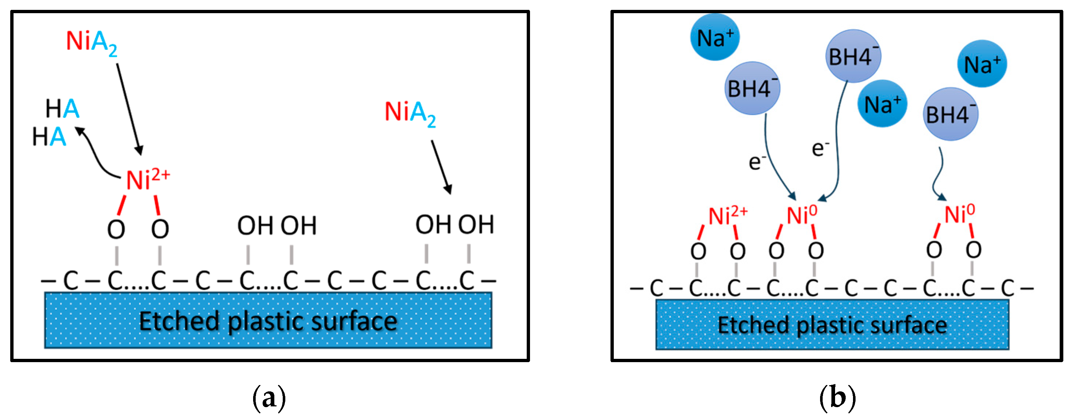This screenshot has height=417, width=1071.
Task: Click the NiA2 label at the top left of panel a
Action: (x=91, y=43)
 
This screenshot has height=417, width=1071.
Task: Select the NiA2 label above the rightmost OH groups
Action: (x=410, y=113)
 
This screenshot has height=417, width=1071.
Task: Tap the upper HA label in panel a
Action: (x=62, y=109)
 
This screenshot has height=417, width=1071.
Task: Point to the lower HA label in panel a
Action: (x=49, y=137)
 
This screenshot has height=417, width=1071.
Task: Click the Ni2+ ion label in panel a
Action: (x=148, y=180)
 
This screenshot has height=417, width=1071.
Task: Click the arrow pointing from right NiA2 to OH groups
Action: (x=441, y=166)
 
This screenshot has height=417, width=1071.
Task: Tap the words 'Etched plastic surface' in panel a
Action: (x=268, y=322)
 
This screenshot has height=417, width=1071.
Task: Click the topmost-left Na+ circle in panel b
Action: (x=715, y=37)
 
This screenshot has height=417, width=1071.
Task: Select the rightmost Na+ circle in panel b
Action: (x=982, y=64)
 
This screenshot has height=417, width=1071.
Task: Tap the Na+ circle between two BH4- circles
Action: (x=882, y=104)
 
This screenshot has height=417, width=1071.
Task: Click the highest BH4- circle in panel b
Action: (x=853, y=56)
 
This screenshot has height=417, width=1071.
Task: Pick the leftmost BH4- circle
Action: (x=752, y=88)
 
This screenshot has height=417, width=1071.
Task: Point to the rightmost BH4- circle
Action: (x=950, y=114)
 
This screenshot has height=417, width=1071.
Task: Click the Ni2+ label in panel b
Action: (x=727, y=216)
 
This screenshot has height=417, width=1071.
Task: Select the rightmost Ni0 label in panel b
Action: (x=959, y=214)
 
